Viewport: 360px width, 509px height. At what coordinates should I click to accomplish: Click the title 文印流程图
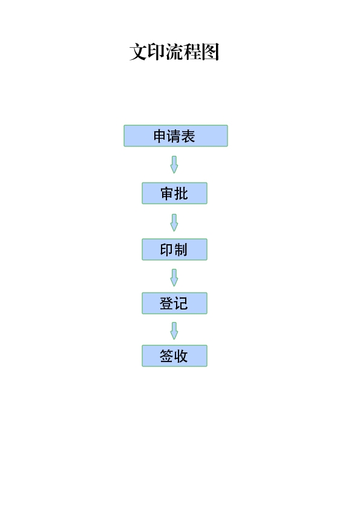(174, 51)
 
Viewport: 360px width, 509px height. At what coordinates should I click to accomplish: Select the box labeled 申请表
(176, 135)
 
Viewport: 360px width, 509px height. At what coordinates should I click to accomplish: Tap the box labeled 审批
(174, 193)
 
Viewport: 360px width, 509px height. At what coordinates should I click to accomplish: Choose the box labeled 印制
(174, 249)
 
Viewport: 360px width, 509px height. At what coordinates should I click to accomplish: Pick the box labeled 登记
(174, 303)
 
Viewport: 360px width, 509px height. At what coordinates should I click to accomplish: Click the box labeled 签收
(174, 356)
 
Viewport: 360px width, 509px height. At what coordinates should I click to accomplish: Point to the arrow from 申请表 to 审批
(174, 164)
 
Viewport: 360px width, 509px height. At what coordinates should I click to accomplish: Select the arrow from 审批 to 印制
(174, 222)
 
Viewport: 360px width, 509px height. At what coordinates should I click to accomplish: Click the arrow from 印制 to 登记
(174, 277)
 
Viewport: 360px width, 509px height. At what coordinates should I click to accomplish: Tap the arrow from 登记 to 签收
(174, 331)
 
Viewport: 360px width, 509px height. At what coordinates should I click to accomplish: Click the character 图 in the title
(211, 51)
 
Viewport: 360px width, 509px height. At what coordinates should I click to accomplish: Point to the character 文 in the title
(138, 51)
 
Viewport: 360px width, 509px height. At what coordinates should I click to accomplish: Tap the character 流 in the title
(174, 51)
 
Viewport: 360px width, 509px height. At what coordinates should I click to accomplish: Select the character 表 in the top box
(188, 136)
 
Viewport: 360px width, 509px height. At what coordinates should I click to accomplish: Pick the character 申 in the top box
(160, 136)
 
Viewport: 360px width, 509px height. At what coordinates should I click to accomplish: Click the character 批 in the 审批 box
(182, 193)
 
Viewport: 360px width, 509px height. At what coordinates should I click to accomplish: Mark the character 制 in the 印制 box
(181, 250)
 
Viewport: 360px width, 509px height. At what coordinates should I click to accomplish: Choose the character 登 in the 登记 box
(166, 303)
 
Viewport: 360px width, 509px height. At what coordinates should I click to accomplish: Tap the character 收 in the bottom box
(182, 356)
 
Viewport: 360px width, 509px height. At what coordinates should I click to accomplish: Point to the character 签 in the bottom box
(166, 356)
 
